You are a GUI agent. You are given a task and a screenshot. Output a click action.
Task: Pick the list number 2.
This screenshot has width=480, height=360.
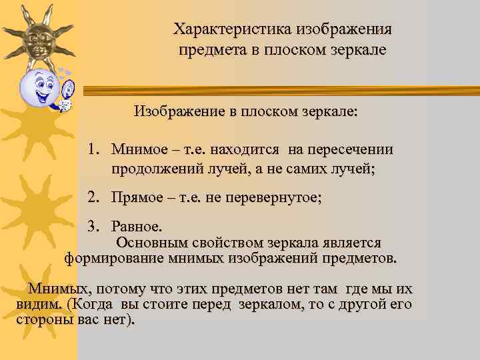[x=93, y=197]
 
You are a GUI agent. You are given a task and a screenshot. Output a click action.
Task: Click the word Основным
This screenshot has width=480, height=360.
[x=155, y=243]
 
